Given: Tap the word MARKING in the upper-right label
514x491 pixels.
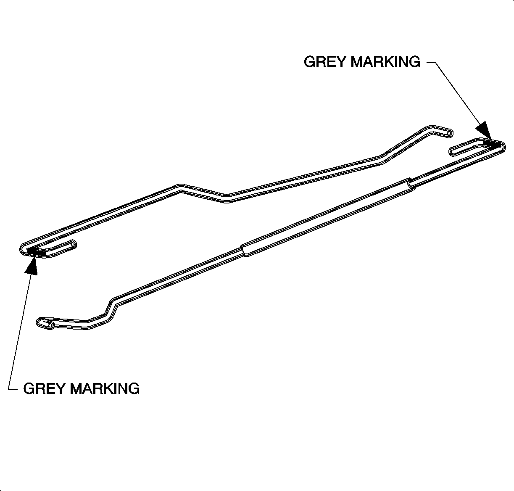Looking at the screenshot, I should [385, 62].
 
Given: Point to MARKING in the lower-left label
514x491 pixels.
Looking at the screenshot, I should [105, 388].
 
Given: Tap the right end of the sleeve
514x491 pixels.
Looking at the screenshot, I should [411, 185].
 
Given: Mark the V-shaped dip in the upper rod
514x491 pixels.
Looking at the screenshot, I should [227, 198].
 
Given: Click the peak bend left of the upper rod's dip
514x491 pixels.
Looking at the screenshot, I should [180, 187].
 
